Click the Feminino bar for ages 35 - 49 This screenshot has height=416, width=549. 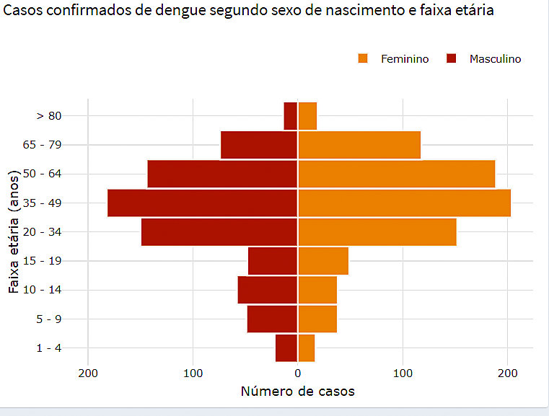(404, 203)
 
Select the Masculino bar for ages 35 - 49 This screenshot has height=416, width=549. (203, 203)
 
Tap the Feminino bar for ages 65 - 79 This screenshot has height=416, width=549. (359, 145)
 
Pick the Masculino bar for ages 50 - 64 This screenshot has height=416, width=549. (222, 174)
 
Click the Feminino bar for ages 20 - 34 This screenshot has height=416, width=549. (377, 231)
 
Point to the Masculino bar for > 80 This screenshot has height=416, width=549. (291, 115)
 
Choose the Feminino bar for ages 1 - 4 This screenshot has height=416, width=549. (307, 348)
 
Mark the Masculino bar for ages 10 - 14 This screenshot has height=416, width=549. (268, 290)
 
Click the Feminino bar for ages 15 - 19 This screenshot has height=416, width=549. (323, 261)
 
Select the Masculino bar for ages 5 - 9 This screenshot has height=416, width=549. (273, 319)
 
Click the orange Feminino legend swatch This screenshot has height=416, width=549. (363, 58)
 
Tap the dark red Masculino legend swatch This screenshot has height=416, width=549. (452, 58)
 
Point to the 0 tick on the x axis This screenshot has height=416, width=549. (297, 373)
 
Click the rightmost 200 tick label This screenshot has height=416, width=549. (507, 373)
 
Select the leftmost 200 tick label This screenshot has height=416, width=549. (88, 373)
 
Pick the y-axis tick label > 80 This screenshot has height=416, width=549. (49, 115)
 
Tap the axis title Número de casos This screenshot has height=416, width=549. (297, 391)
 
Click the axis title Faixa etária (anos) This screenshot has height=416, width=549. (14, 231)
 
